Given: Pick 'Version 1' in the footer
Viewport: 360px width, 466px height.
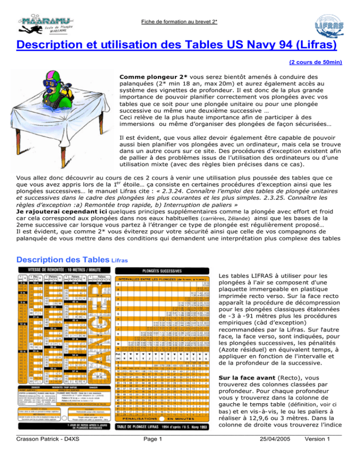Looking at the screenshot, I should pos(335,451).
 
